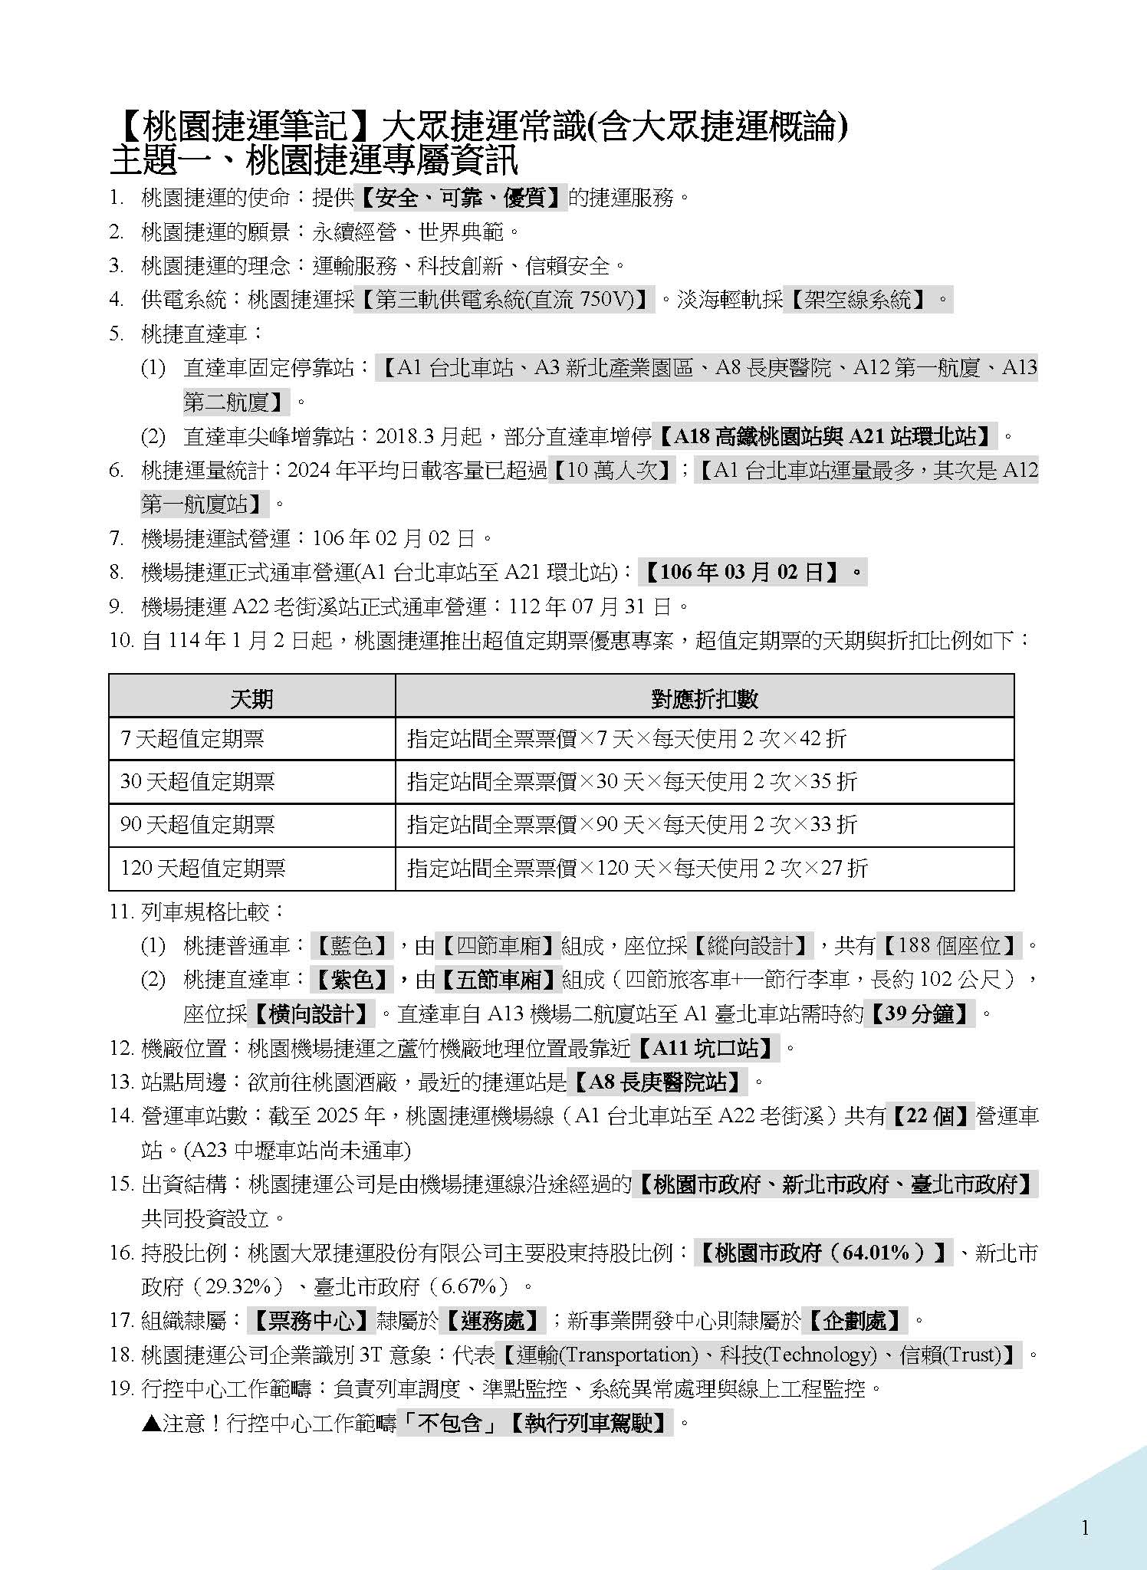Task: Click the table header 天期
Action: tap(251, 698)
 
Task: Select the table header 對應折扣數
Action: tap(704, 698)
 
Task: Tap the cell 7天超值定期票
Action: tap(192, 739)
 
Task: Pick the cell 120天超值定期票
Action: tap(203, 869)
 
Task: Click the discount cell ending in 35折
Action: tap(633, 782)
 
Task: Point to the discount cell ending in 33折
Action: tap(633, 825)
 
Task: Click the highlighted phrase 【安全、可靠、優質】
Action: tap(461, 198)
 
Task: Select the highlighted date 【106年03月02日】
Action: tap(752, 572)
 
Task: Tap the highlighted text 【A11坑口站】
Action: tap(707, 1047)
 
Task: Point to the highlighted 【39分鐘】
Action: tap(919, 1013)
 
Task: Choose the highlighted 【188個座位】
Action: tap(949, 945)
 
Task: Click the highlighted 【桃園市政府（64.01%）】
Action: tap(823, 1253)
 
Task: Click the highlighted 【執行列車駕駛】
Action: tap(590, 1423)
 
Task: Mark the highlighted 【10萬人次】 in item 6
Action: tap(612, 470)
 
